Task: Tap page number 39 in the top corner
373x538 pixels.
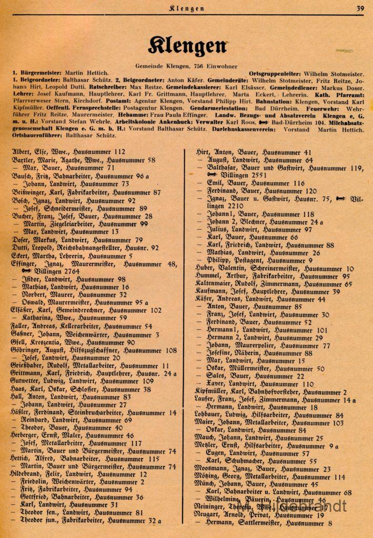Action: [x=360, y=7]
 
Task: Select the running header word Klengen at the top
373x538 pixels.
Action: [x=187, y=8]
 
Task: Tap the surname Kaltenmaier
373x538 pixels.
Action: [x=218, y=284]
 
